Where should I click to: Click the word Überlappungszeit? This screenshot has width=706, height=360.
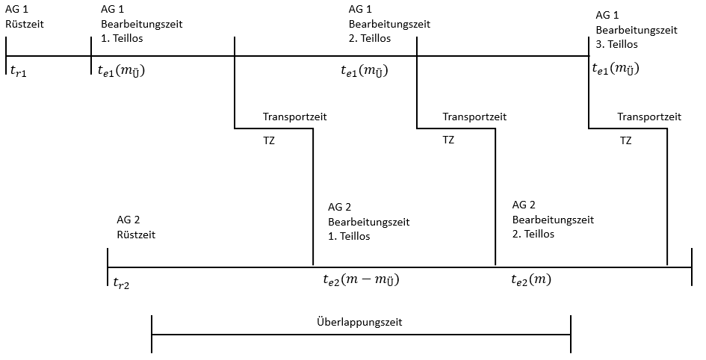pos(359,323)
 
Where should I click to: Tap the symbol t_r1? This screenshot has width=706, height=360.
pos(17,70)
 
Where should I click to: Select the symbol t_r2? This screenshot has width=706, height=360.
pos(121,282)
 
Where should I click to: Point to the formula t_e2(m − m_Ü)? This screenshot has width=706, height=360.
pos(361,280)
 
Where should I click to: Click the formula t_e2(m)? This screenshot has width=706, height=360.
pos(531,280)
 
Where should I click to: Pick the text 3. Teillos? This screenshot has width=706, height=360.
pos(617,45)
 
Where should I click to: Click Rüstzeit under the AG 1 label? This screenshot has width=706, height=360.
pos(25,24)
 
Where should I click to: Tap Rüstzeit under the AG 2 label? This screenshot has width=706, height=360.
pos(136,235)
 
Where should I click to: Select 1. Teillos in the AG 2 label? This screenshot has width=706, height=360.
pos(349,237)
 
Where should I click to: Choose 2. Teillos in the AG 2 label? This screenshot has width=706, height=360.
pos(533,235)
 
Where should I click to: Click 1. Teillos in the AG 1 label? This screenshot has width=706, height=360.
pos(122,39)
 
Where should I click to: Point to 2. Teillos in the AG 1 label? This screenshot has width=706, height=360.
pos(370,39)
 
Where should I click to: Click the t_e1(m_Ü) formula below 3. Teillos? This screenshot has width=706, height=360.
pos(616,69)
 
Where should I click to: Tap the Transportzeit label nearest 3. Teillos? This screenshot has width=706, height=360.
pos(648,117)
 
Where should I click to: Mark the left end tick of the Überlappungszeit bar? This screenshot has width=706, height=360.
pos(152,334)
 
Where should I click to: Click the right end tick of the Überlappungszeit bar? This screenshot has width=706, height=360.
pos(571,334)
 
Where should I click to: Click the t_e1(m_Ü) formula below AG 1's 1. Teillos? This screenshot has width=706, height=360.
pos(121,71)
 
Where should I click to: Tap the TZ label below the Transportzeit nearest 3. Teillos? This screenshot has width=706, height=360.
pos(625,140)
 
